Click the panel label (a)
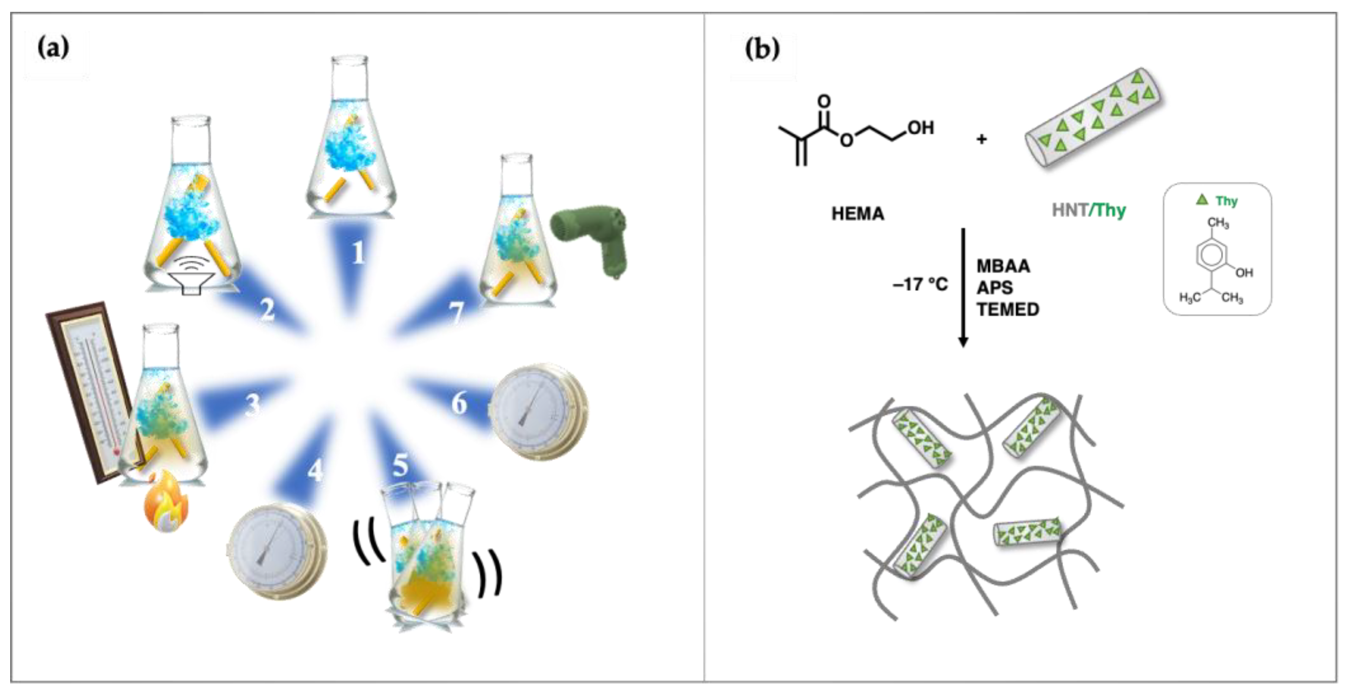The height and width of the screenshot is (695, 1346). coord(53,49)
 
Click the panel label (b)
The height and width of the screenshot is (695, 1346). coord(762,49)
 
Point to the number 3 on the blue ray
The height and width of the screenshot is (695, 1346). coord(252,404)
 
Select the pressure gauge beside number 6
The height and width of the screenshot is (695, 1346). coord(538,412)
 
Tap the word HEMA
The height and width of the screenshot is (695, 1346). coord(857,214)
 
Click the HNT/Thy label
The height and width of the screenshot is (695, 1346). coord(1089,210)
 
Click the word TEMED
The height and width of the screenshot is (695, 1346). coord(1007,310)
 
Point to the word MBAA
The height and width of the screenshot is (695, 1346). coord(1003,266)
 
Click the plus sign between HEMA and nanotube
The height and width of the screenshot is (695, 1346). coord(981,139)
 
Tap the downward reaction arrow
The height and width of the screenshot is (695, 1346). coord(963,288)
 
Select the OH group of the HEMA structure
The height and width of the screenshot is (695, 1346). coord(920,128)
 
